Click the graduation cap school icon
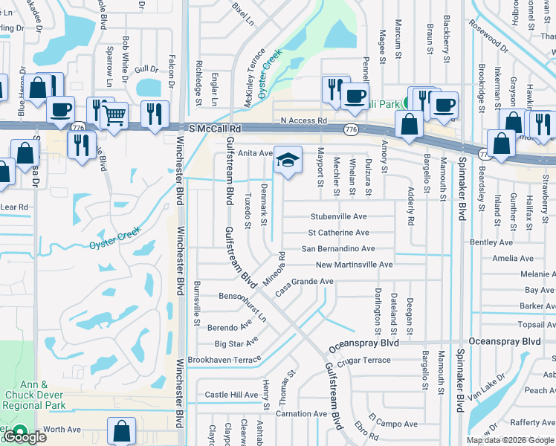(x=288, y=160)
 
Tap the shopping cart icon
(x=114, y=115)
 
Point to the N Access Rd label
(x=303, y=120)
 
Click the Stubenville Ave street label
(x=338, y=216)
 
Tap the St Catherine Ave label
(x=338, y=233)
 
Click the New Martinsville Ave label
(x=354, y=265)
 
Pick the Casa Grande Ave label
(x=304, y=286)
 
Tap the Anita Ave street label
(x=256, y=153)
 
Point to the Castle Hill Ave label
(x=231, y=395)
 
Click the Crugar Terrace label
(x=363, y=360)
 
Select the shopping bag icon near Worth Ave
(x=121, y=431)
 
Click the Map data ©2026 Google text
(x=509, y=440)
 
